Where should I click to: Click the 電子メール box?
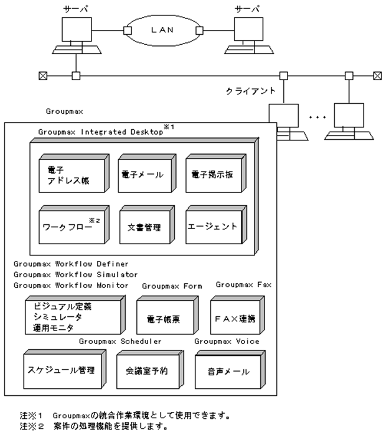(142, 175)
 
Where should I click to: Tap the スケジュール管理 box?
(61, 371)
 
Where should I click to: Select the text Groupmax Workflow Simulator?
(75, 274)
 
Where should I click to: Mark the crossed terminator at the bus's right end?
(377, 76)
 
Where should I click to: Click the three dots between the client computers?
(316, 117)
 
